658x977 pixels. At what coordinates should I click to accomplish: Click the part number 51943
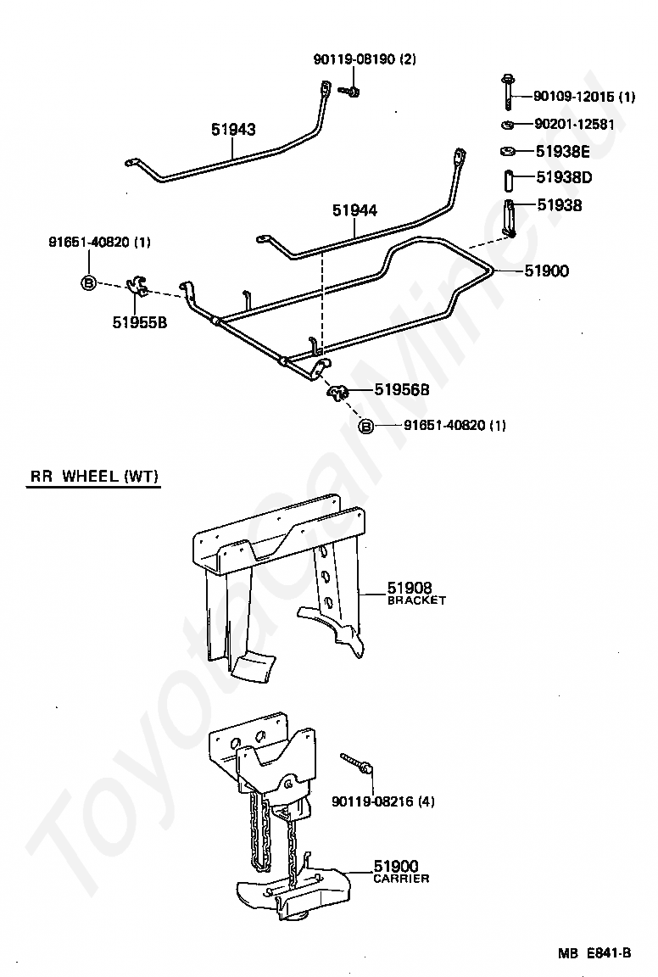(x=233, y=129)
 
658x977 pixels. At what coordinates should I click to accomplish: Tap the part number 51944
(x=354, y=210)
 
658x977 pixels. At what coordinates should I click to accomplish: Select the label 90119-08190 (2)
(x=365, y=59)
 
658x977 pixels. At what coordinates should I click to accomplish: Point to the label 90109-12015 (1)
(x=584, y=97)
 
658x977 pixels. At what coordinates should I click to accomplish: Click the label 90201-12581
(x=575, y=124)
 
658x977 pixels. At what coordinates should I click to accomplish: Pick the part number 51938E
(x=563, y=152)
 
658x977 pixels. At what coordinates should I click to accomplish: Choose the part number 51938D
(x=564, y=177)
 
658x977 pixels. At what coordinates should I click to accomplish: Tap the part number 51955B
(x=140, y=322)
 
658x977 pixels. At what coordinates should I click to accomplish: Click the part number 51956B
(x=402, y=389)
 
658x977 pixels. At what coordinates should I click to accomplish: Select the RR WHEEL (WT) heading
(x=94, y=477)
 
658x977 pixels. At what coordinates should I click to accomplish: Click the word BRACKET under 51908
(x=417, y=600)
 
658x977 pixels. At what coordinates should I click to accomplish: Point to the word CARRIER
(x=401, y=879)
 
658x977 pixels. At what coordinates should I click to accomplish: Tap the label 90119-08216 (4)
(x=383, y=802)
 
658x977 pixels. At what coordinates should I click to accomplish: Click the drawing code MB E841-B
(x=594, y=952)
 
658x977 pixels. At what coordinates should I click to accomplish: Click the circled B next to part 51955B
(x=88, y=283)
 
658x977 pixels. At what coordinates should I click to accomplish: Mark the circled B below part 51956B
(x=366, y=427)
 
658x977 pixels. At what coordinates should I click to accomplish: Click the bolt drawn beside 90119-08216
(x=356, y=763)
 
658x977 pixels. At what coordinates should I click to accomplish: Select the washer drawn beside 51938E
(x=508, y=152)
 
